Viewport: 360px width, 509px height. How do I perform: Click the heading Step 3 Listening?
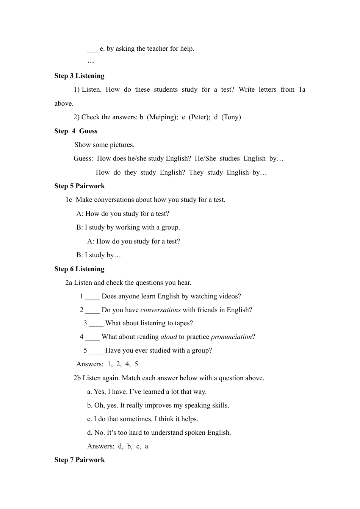point(79,76)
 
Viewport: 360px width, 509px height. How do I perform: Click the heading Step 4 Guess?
point(76,131)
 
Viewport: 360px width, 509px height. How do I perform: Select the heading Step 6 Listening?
point(79,269)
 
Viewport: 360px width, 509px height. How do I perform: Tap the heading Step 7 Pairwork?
point(80,460)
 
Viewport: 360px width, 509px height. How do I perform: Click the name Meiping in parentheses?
point(162,117)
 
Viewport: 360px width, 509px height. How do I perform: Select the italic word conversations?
point(160,310)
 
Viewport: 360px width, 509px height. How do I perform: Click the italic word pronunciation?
point(231,337)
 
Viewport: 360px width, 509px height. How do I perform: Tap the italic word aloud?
point(169,337)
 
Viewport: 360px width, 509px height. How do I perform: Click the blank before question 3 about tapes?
point(96,324)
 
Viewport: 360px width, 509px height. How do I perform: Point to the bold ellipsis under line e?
point(91,62)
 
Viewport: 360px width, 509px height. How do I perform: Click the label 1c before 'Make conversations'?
point(69,200)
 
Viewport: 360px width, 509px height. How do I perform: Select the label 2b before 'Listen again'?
point(77,378)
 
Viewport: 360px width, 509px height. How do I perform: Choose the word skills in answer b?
point(220,405)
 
